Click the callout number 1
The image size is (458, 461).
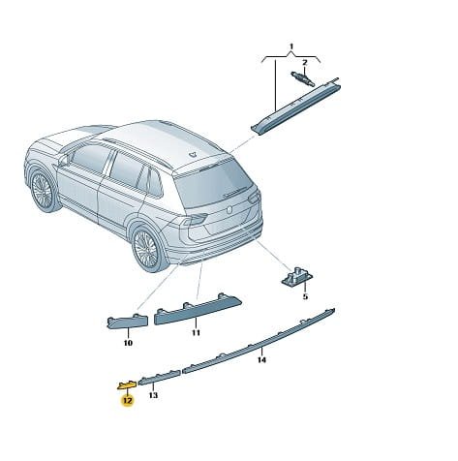pos(291,47)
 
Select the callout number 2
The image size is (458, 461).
pos(305,63)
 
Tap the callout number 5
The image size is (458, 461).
pos(305,296)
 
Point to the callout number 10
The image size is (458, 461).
pos(128,343)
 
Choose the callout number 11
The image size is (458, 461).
pos(197,332)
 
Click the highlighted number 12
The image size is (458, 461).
pos(127,401)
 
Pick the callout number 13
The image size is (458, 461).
pos(153,395)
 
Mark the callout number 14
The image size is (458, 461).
pos(262,359)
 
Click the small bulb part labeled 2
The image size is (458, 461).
pos(302,78)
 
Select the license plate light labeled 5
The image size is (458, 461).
pos(297,278)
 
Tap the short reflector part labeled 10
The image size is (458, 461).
pos(128,322)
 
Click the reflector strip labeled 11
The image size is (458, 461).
pos(198,310)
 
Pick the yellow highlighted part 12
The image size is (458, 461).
pos(127,384)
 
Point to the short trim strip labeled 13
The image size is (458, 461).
pos(159,378)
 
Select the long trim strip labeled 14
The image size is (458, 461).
pos(259,341)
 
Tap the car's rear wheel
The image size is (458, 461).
pos(148,248)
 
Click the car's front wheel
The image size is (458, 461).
pos(43,191)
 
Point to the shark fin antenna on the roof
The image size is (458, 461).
pos(193,154)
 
